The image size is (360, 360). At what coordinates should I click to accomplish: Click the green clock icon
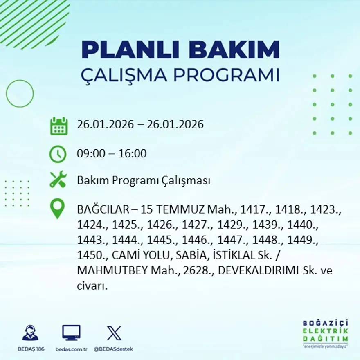pos(58,154)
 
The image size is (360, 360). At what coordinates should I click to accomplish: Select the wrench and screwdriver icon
pos(58,180)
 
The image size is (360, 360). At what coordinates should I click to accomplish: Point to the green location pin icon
pos(58,208)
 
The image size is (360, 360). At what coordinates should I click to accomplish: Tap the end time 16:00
pos(133,154)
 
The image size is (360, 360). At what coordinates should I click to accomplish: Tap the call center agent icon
pos(31,333)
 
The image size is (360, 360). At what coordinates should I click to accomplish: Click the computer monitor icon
pos(71,333)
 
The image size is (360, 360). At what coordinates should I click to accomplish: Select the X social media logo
pos(114,333)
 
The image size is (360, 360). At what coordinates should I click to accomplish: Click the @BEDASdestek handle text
pos(113,349)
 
